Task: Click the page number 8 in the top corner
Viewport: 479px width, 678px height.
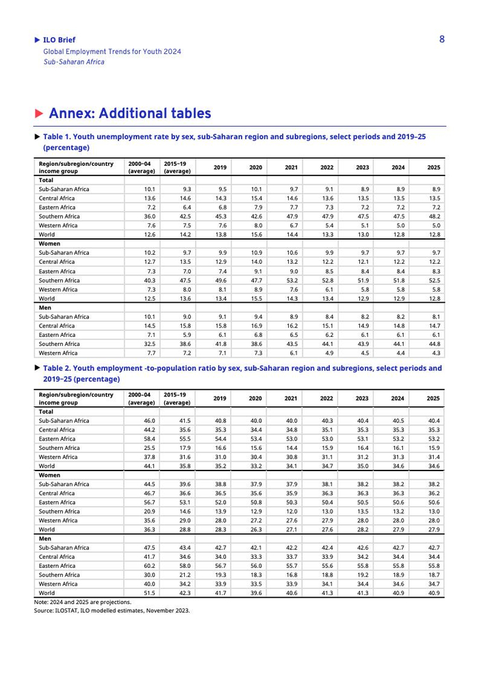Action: point(442,39)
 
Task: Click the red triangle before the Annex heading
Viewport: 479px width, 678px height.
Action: point(40,114)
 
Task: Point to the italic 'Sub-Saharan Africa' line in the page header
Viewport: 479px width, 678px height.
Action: point(74,61)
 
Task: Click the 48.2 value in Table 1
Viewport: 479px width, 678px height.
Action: point(433,216)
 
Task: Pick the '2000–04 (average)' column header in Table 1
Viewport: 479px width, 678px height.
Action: point(142,167)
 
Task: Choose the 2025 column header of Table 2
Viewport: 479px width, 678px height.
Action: point(433,399)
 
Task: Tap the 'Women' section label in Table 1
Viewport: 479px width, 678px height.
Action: point(49,243)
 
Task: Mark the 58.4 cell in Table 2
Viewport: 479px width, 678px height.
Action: point(147,438)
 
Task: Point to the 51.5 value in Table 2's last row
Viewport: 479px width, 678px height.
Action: point(147,593)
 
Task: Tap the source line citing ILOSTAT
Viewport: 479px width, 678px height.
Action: point(112,610)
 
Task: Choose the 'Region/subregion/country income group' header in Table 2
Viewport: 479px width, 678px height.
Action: point(76,399)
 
